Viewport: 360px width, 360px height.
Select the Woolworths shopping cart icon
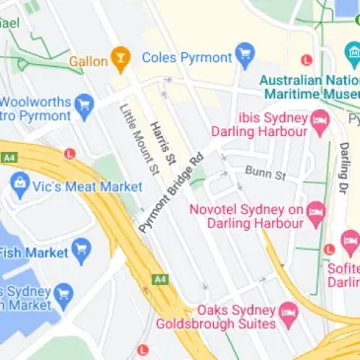click(x=85, y=103)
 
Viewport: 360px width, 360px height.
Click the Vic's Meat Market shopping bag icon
click(x=20, y=182)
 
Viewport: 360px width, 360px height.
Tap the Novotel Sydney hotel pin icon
click(x=316, y=211)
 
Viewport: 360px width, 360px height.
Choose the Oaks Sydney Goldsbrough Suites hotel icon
click(x=289, y=315)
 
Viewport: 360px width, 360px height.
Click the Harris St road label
click(x=164, y=143)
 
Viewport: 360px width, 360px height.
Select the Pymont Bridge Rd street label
click(x=170, y=193)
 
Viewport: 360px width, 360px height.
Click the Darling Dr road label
click(x=344, y=168)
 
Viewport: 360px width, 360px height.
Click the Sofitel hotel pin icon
click(x=348, y=240)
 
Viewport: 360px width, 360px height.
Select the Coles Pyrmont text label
click(x=187, y=57)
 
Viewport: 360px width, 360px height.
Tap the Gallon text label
click(x=88, y=60)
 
